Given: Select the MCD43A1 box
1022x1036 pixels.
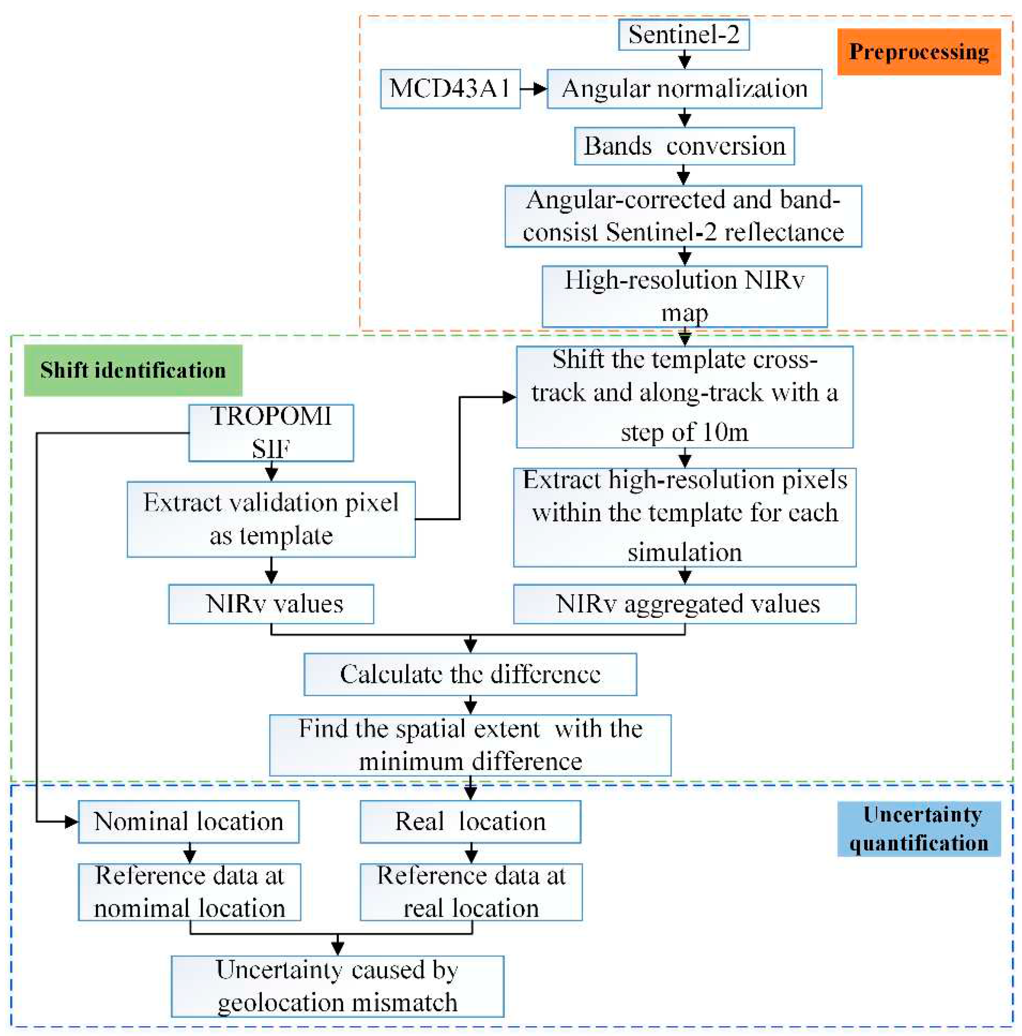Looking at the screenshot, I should pyautogui.click(x=450, y=88).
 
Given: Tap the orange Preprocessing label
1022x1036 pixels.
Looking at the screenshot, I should pyautogui.click(x=918, y=52).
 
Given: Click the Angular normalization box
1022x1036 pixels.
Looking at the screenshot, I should pyautogui.click(x=684, y=88).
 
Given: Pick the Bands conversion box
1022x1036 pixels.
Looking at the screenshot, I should pyautogui.click(x=684, y=146).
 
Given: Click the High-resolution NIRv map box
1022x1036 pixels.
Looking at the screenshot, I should pyautogui.click(x=684, y=296).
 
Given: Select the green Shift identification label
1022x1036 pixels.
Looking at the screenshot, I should pyautogui.click(x=133, y=370).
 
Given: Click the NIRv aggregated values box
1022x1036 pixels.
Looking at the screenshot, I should pyautogui.click(x=684, y=604).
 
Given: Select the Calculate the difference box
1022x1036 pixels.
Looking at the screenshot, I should pyautogui.click(x=470, y=674).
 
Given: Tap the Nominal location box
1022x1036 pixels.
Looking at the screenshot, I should pyautogui.click(x=188, y=821).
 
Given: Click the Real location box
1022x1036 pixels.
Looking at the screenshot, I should pyautogui.click(x=470, y=821).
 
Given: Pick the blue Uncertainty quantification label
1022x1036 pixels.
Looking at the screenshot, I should pyautogui.click(x=918, y=828).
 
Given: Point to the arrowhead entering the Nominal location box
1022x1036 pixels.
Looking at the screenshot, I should pyautogui.click(x=72, y=821).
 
